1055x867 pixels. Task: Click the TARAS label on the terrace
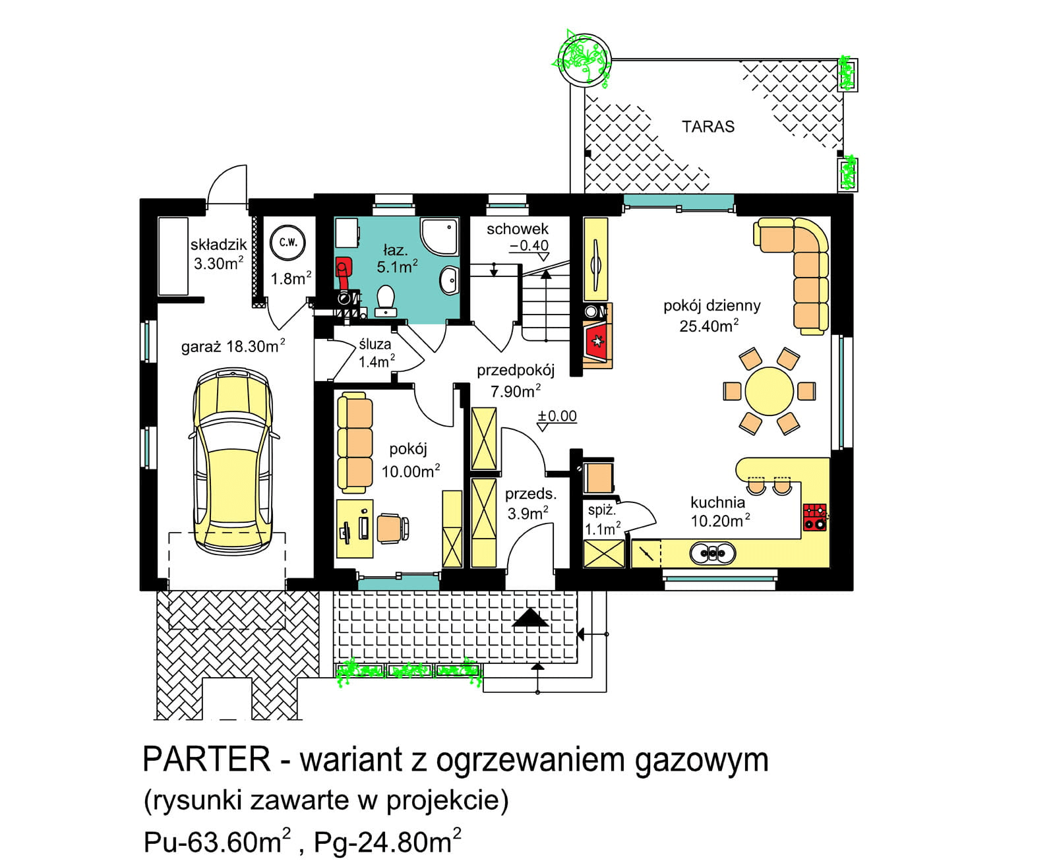708,127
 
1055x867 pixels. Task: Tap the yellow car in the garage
232,462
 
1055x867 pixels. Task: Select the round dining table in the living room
769,391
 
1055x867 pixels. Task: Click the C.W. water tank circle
288,242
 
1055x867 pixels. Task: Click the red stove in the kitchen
815,517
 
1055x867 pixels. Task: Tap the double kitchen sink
712,553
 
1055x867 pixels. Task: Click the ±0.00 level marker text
557,416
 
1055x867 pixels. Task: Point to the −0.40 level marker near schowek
529,245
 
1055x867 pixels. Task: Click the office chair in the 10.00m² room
392,528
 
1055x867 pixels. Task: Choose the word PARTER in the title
206,760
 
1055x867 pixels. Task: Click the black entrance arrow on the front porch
530,618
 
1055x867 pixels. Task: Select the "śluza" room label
375,344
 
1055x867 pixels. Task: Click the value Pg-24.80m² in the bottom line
387,842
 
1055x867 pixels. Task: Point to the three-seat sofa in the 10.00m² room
354,442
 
